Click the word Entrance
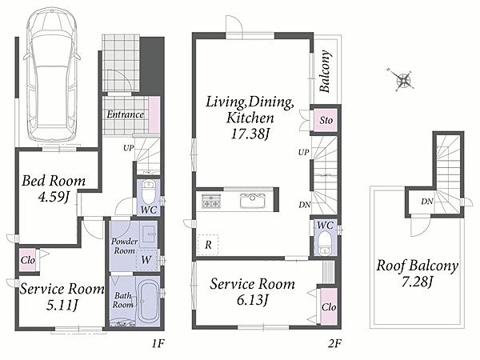(126, 114)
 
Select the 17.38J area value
(250, 134)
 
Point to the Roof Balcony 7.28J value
(417, 282)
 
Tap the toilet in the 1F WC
(149, 191)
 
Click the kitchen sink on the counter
(252, 201)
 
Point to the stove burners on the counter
(211, 201)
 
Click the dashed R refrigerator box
(208, 245)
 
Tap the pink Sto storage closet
(326, 120)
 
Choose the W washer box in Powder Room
(147, 260)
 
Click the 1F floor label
(158, 343)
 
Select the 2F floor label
(334, 343)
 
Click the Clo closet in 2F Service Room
(329, 306)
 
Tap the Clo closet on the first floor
(28, 260)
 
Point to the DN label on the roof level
(426, 202)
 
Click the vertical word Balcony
(325, 71)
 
